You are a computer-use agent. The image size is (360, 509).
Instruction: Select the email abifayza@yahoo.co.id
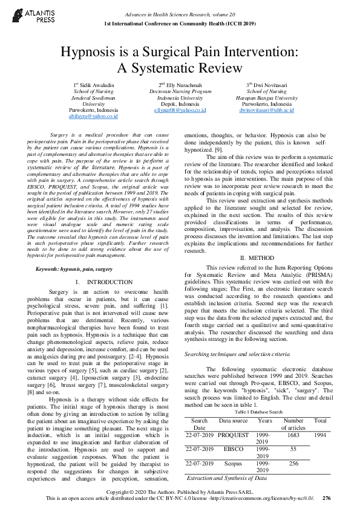[93, 117]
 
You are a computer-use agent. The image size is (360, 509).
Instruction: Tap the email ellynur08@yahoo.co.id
[180, 111]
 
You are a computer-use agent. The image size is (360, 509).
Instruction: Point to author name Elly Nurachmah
[182, 85]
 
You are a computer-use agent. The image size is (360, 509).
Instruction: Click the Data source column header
[233, 420]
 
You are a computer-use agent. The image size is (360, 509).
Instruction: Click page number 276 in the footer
[327, 498]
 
